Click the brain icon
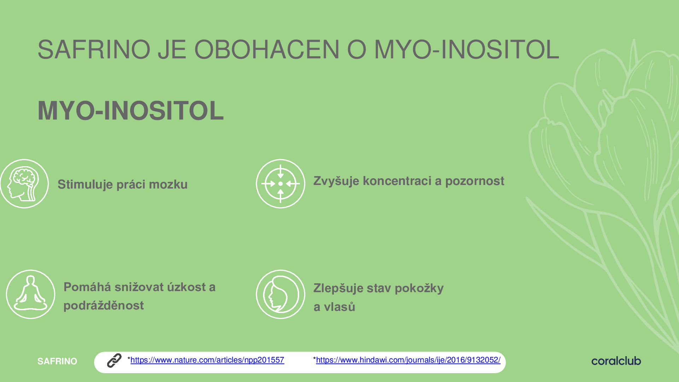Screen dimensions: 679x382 tap(24, 184)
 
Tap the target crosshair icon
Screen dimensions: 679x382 tap(280, 184)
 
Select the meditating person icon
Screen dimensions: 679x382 tap(30, 294)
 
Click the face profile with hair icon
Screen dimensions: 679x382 tap(280, 294)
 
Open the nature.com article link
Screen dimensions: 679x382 tap(207, 360)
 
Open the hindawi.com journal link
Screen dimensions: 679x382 tap(408, 360)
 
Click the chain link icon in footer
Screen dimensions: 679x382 tap(114, 360)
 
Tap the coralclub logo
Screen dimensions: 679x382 tap(616, 361)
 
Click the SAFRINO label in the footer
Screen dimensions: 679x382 tap(57, 361)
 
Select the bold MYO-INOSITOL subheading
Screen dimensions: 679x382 tap(130, 111)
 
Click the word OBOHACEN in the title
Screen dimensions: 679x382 tap(267, 50)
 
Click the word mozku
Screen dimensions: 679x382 tap(168, 184)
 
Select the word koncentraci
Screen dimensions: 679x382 tap(397, 181)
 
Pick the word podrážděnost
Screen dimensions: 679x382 tap(104, 305)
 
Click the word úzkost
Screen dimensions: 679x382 tap(186, 287)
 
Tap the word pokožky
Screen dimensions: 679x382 tap(419, 288)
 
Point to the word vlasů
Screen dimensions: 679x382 tap(339, 306)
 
